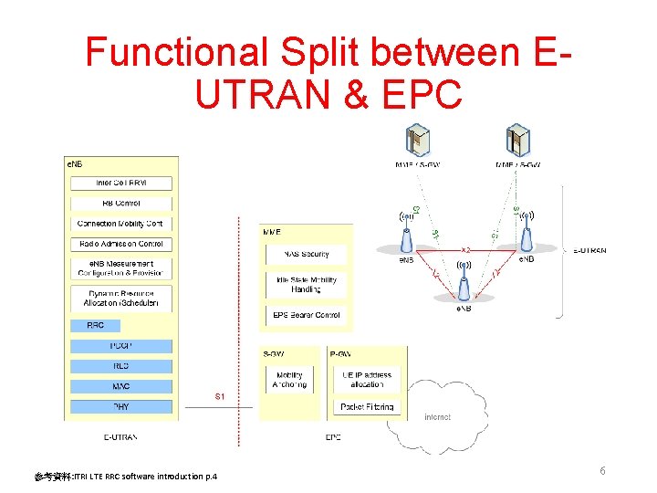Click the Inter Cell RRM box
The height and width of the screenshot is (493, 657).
point(121,183)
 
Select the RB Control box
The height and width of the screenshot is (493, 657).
point(121,203)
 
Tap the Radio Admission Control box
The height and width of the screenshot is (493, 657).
point(121,244)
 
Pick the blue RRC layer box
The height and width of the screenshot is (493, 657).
point(96,325)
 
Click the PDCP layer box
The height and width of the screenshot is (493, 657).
point(121,346)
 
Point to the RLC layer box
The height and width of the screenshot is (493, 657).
point(121,366)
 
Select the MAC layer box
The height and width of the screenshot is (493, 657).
point(121,386)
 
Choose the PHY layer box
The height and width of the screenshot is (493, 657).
point(121,406)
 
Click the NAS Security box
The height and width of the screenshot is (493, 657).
point(306,254)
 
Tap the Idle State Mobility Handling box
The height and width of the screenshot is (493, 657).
point(306,284)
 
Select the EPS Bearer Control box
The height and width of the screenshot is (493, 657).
point(306,315)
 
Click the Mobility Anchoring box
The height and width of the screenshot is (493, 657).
point(289,379)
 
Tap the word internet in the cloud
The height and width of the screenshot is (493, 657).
point(438,417)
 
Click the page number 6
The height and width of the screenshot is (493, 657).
point(603,470)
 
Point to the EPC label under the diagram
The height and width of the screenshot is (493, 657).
point(333,437)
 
